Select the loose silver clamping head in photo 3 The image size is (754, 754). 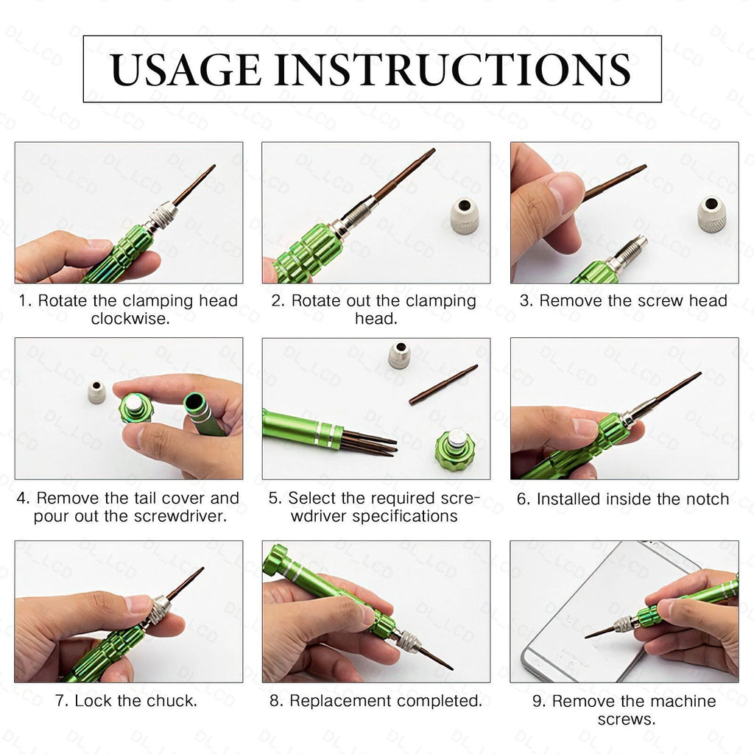711,214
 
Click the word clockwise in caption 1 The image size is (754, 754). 128,319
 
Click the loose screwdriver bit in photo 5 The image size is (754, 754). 443,384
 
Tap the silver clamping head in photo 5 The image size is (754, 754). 399,355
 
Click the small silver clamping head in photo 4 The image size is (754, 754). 96,392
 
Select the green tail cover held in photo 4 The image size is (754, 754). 136,407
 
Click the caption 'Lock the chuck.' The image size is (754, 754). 127,701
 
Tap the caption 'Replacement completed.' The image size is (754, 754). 376,701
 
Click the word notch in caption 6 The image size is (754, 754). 706,499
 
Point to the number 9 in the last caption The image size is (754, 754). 538,701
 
